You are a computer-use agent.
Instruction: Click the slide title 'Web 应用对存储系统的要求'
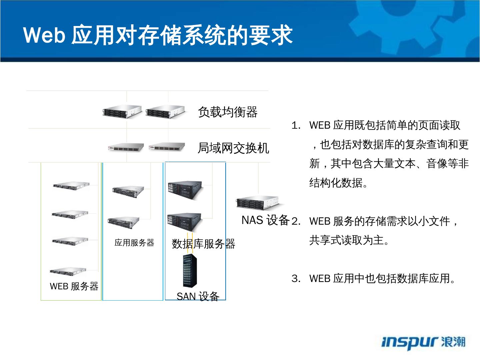click(158, 35)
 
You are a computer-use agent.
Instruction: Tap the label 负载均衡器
click(228, 112)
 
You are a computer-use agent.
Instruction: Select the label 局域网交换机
click(233, 148)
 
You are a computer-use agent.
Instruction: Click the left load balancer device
click(122, 111)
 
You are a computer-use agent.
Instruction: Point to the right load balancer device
click(165, 111)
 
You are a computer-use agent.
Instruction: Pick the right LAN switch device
click(167, 147)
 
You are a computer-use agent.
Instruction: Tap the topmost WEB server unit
click(71, 186)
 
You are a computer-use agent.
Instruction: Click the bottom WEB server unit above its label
click(68, 271)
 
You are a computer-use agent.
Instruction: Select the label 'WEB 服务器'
click(74, 286)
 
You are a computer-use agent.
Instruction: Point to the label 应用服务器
click(134, 243)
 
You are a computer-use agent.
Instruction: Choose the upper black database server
click(185, 190)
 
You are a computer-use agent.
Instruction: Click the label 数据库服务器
click(203, 244)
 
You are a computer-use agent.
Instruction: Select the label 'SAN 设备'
click(198, 297)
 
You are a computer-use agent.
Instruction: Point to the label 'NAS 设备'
click(266, 220)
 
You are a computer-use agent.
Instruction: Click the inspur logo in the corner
click(423, 342)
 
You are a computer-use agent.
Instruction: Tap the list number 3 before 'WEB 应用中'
click(296, 279)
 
